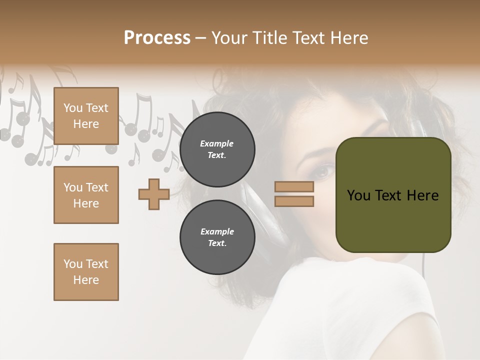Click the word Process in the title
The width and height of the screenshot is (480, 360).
[157, 38]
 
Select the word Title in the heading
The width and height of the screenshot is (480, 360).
[269, 38]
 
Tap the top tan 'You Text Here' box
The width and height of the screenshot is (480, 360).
[86, 116]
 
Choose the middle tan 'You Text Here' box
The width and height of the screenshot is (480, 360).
[86, 195]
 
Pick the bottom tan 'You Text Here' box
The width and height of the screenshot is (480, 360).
[86, 272]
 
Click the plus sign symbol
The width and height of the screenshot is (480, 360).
[154, 194]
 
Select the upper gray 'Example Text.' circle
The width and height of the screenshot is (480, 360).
[217, 149]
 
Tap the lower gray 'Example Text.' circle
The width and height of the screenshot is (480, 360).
[217, 237]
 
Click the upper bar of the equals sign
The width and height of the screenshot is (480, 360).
[294, 186]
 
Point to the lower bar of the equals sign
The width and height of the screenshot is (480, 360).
[294, 201]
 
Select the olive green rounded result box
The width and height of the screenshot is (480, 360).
[393, 195]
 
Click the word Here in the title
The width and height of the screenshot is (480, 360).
[349, 38]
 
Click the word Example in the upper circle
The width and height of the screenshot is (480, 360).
[217, 144]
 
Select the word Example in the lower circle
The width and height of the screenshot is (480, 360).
[217, 232]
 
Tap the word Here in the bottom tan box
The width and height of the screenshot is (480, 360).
[86, 280]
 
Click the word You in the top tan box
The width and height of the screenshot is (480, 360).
[73, 108]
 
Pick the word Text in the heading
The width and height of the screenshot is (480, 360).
[308, 38]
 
